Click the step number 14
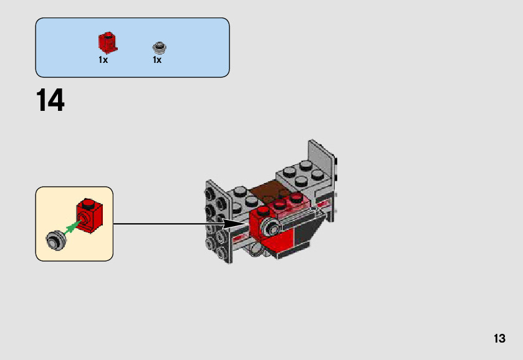coord(50,101)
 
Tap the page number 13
coord(499,339)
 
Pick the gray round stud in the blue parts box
coord(160,47)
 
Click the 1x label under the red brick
coord(103,60)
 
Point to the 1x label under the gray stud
coord(157,60)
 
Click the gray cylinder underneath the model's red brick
coord(257,250)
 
